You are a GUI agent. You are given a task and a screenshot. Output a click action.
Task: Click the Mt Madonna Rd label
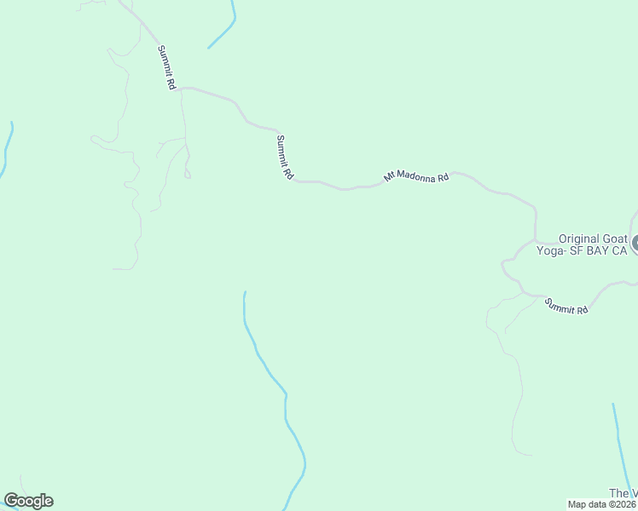click(x=416, y=177)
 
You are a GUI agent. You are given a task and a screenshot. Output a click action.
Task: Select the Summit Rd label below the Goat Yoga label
click(x=567, y=306)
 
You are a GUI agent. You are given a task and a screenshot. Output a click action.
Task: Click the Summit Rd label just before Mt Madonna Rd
click(x=285, y=157)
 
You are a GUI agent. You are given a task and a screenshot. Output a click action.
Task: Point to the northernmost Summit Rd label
click(x=166, y=68)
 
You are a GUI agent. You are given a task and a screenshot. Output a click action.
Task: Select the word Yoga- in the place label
click(x=550, y=251)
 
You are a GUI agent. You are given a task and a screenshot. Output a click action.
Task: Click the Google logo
click(x=28, y=501)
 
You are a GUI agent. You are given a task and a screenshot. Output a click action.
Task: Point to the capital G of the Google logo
click(x=10, y=501)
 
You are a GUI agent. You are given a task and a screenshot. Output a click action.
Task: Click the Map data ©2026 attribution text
click(x=602, y=504)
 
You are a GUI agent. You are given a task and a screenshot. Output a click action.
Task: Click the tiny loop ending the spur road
click(x=188, y=175)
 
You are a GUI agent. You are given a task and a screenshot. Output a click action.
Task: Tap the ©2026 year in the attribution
click(x=623, y=504)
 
